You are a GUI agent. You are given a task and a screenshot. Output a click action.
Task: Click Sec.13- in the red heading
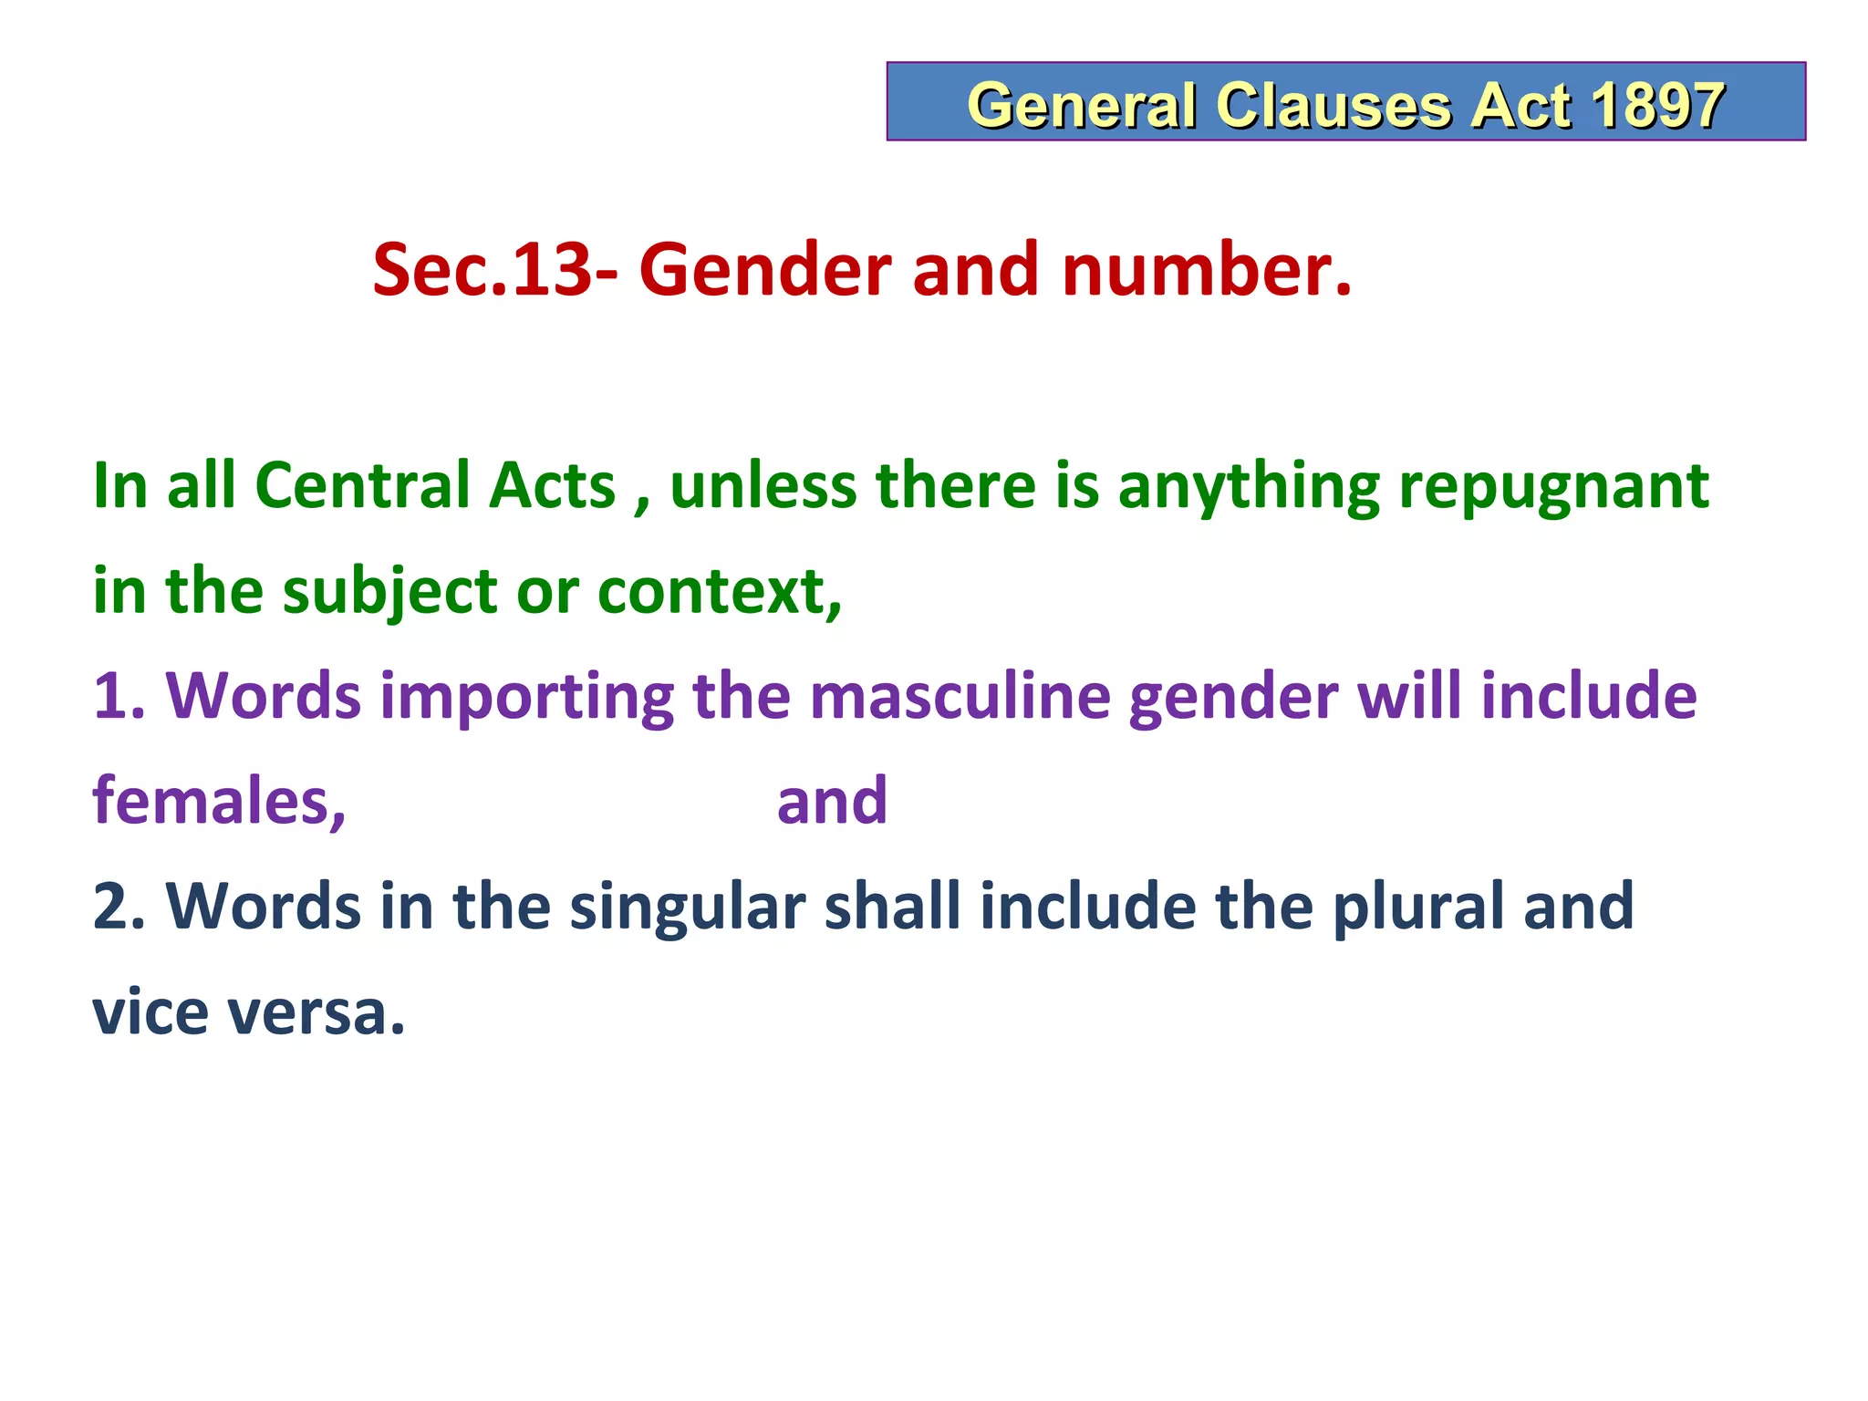tap(493, 270)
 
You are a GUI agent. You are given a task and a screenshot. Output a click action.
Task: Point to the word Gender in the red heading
tap(765, 270)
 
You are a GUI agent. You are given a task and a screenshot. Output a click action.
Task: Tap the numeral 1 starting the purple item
tap(109, 697)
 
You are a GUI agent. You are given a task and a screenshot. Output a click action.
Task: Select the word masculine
tap(960, 697)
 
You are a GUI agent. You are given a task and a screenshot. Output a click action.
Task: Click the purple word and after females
tap(832, 801)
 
